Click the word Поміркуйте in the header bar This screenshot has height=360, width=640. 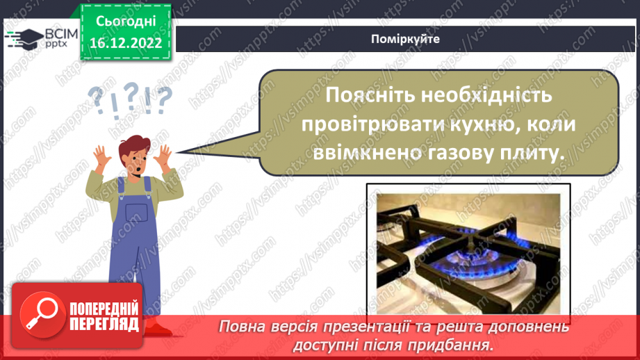pyautogui.click(x=405, y=39)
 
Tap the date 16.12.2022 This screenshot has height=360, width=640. pyautogui.click(x=126, y=43)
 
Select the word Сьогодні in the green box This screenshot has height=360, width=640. pyautogui.click(x=126, y=22)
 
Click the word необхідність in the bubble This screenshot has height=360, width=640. pyautogui.click(x=486, y=95)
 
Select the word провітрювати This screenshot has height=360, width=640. pyautogui.click(x=373, y=124)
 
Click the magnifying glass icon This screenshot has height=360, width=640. pyautogui.click(x=42, y=314)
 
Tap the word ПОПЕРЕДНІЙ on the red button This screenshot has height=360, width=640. pyautogui.click(x=104, y=309)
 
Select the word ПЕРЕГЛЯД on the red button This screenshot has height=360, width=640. pyautogui.click(x=104, y=325)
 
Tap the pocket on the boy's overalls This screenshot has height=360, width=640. pyautogui.click(x=136, y=212)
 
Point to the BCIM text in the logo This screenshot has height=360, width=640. pyautogui.click(x=61, y=34)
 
